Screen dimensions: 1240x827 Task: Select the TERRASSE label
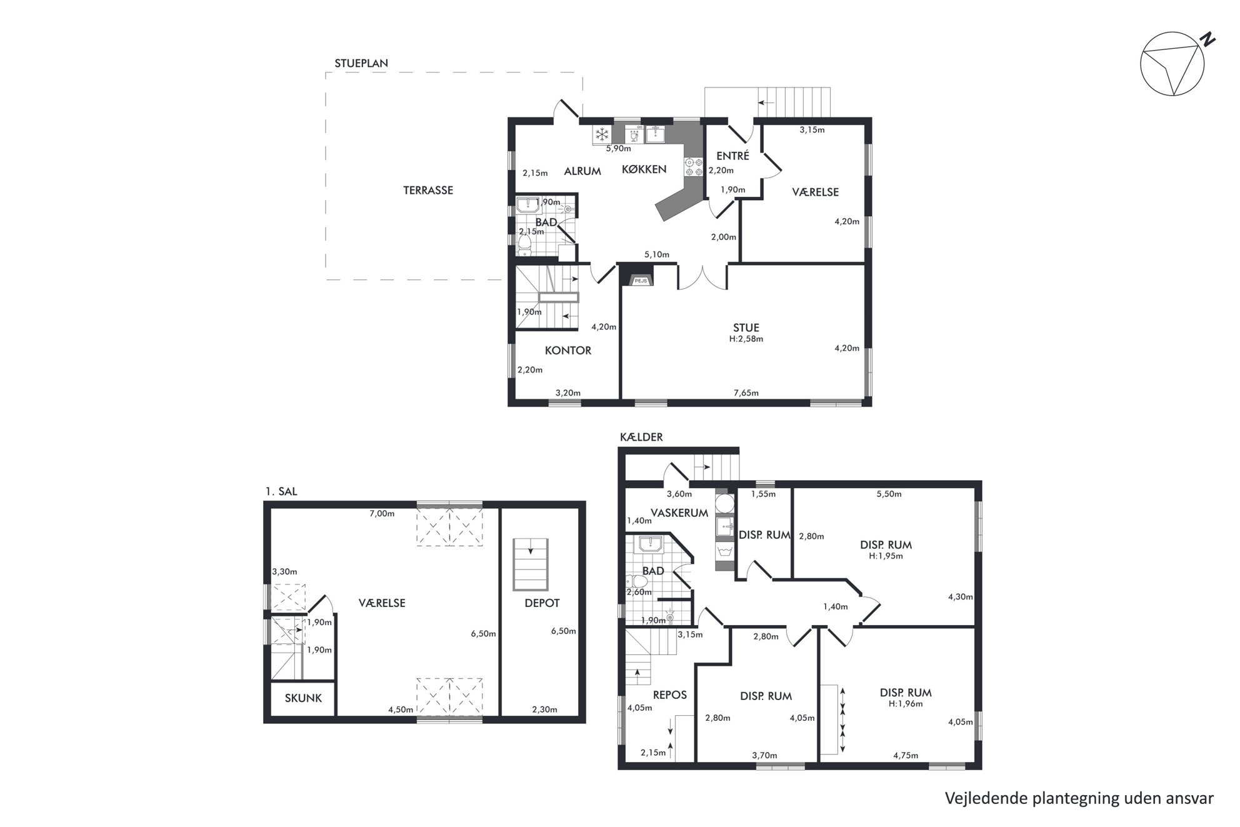[428, 191]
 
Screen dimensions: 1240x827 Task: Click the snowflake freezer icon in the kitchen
[602, 134]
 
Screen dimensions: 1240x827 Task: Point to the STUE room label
[746, 328]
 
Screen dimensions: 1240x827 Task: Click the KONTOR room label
[568, 351]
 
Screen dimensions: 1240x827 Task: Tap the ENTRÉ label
[732, 156]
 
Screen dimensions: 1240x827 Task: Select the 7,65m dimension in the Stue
[746, 393]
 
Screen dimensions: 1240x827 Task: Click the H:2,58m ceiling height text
[746, 339]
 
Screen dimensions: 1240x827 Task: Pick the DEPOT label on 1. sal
[542, 603]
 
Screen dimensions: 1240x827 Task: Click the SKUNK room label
[303, 698]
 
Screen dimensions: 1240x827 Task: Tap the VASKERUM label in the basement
[679, 513]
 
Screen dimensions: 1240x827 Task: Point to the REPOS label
[670, 695]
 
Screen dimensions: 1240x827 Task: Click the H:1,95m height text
[886, 556]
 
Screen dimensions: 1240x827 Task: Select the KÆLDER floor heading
[641, 438]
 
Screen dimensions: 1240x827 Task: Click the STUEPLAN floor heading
[361, 63]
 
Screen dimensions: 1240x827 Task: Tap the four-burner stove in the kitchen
[694, 165]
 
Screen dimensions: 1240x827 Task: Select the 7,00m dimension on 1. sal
[382, 514]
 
